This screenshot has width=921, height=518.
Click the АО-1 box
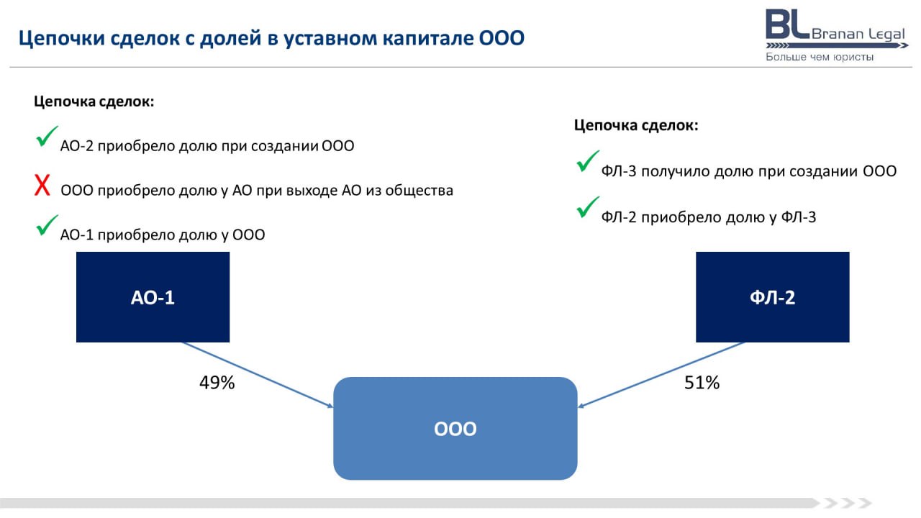[153, 297]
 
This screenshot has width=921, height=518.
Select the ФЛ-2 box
[773, 297]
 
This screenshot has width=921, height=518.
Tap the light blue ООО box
[455, 428]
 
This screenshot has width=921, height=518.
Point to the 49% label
[217, 383]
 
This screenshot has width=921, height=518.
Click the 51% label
[702, 383]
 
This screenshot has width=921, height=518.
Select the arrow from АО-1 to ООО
[258, 375]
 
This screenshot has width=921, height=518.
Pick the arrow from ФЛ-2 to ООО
[661, 375]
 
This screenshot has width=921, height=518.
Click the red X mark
[42, 185]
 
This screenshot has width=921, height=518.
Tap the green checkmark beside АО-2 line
[47, 136]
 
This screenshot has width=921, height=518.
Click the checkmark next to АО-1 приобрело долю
[47, 225]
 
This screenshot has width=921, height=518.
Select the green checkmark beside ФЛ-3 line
[588, 160]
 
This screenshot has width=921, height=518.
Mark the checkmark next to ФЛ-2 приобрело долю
[588, 206]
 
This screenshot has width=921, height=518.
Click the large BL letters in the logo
[788, 24]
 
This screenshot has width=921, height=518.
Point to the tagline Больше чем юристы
[820, 57]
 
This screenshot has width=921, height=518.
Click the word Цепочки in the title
[62, 38]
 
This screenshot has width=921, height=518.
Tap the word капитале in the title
[428, 38]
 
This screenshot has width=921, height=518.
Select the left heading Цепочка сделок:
[94, 101]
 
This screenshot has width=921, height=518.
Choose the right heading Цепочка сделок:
[636, 125]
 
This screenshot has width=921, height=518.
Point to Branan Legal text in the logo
[858, 34]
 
